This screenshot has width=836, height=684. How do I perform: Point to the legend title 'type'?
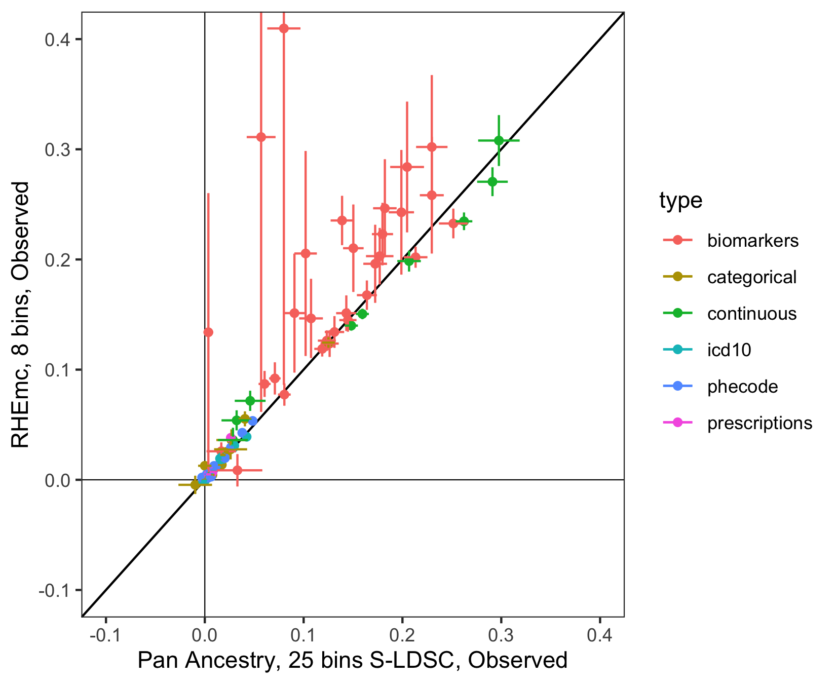point(680,201)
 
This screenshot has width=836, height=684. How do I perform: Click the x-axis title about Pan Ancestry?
point(352,661)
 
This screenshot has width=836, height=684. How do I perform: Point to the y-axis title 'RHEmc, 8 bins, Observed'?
point(21,314)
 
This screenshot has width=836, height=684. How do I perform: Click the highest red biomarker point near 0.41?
point(284,28)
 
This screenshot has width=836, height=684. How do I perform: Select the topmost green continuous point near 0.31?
point(499,140)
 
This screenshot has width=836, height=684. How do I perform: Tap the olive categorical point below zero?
point(195,485)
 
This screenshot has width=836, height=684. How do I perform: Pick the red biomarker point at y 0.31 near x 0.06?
point(261,137)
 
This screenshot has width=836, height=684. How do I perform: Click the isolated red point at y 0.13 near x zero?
point(208,332)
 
